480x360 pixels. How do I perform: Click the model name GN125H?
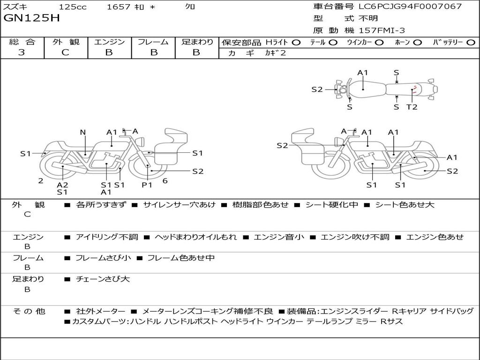(x=31, y=18)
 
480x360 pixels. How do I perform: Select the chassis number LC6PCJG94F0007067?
(x=410, y=7)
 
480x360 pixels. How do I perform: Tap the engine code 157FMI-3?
(x=382, y=30)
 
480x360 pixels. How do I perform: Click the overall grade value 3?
(x=22, y=52)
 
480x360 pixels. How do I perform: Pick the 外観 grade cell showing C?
(x=65, y=52)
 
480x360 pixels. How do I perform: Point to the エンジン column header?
(x=109, y=42)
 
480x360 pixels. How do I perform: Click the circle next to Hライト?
(x=296, y=43)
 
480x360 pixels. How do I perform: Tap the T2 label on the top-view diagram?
(x=412, y=107)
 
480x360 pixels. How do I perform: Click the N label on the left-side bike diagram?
(x=83, y=132)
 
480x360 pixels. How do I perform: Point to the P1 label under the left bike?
(x=147, y=185)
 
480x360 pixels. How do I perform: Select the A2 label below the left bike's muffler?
(x=62, y=185)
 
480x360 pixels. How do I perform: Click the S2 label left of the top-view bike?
(x=317, y=90)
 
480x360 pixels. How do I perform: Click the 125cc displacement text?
(x=73, y=7)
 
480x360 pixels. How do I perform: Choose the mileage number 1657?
(x=119, y=7)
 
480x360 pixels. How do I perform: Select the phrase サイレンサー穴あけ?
(x=179, y=205)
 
